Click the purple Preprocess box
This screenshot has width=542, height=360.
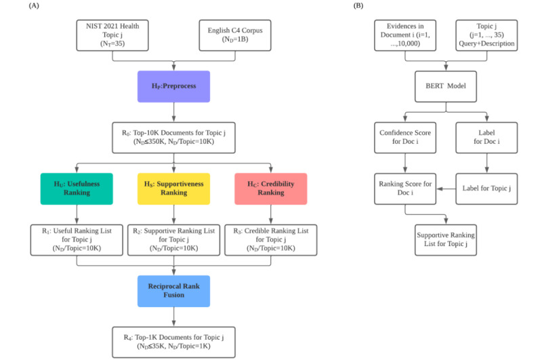pos(173,87)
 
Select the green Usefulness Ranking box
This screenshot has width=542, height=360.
pos(77,189)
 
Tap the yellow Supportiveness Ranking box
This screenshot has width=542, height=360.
pos(173,189)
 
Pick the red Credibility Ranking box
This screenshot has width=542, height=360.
pos(270,189)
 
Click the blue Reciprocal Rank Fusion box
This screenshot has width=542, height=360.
pos(173,291)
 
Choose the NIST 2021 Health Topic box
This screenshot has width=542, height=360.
pos(112,35)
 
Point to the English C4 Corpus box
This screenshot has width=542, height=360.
pos(235,35)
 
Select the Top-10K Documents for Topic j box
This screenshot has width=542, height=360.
pos(173,138)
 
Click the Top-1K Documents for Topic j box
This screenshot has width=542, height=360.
pos(173,342)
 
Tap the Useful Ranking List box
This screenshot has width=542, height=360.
pos(77,240)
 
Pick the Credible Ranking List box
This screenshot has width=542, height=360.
pos(270,240)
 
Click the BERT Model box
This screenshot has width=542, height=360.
pos(446,87)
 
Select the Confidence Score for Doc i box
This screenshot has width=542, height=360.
pos(405,138)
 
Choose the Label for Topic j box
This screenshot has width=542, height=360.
pos(486,189)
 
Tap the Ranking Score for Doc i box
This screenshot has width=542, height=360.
pos(405,189)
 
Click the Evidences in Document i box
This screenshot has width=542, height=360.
pos(405,35)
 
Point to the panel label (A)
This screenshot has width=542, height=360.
pos(34,5)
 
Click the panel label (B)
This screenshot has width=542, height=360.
pos(358,5)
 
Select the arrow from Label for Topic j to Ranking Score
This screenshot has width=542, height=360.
pos(446,189)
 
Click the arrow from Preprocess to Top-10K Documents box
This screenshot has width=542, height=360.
pos(173,112)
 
